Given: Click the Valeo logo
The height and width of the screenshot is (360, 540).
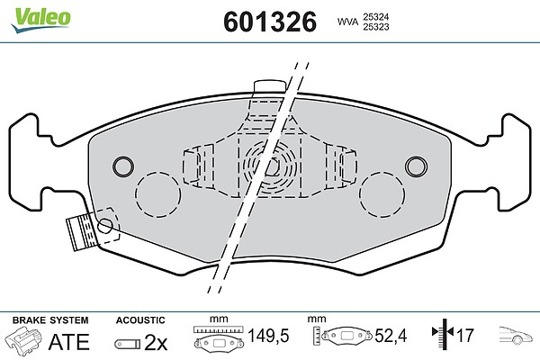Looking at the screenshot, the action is (x=40, y=19).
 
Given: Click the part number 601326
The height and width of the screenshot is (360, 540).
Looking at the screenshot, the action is (x=270, y=22).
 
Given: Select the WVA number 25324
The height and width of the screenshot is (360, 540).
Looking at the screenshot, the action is (x=375, y=16).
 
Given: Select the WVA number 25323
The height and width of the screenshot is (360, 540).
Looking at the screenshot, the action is (x=375, y=27).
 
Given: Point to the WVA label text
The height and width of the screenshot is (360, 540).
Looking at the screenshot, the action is (x=347, y=22).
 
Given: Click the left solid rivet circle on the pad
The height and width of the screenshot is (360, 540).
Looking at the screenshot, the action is (x=123, y=166).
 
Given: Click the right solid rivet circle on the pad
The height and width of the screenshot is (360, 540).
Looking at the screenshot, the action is (x=416, y=166).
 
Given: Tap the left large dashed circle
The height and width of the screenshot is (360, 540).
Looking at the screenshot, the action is (x=157, y=194).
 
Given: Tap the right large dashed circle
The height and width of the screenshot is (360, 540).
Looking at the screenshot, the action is (x=382, y=194).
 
